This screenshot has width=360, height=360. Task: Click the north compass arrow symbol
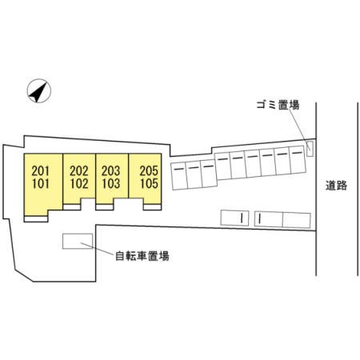(x=39, y=90)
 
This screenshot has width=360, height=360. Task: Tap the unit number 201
(x=41, y=170)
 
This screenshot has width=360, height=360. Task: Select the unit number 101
(x=41, y=184)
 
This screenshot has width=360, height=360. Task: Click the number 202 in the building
(x=79, y=170)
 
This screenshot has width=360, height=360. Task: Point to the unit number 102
(x=79, y=184)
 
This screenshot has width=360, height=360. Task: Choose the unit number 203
(x=111, y=170)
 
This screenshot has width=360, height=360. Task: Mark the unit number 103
(x=111, y=184)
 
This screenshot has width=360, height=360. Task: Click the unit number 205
(x=149, y=170)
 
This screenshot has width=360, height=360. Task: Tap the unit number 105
(x=149, y=184)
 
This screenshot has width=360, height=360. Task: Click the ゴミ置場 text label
(x=278, y=105)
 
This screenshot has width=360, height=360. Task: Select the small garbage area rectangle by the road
(x=310, y=148)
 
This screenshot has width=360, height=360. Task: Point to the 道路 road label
(x=336, y=186)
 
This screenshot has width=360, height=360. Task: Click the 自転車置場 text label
(x=142, y=256)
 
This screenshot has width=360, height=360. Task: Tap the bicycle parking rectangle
(x=78, y=241)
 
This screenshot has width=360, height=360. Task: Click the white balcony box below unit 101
(x=36, y=218)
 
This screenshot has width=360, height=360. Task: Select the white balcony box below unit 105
(x=152, y=207)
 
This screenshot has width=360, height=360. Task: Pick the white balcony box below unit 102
(x=72, y=207)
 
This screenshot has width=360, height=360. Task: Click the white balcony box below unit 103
(x=105, y=207)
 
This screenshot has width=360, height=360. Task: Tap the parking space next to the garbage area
(x=298, y=160)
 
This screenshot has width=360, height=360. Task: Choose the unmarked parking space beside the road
(x=297, y=220)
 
